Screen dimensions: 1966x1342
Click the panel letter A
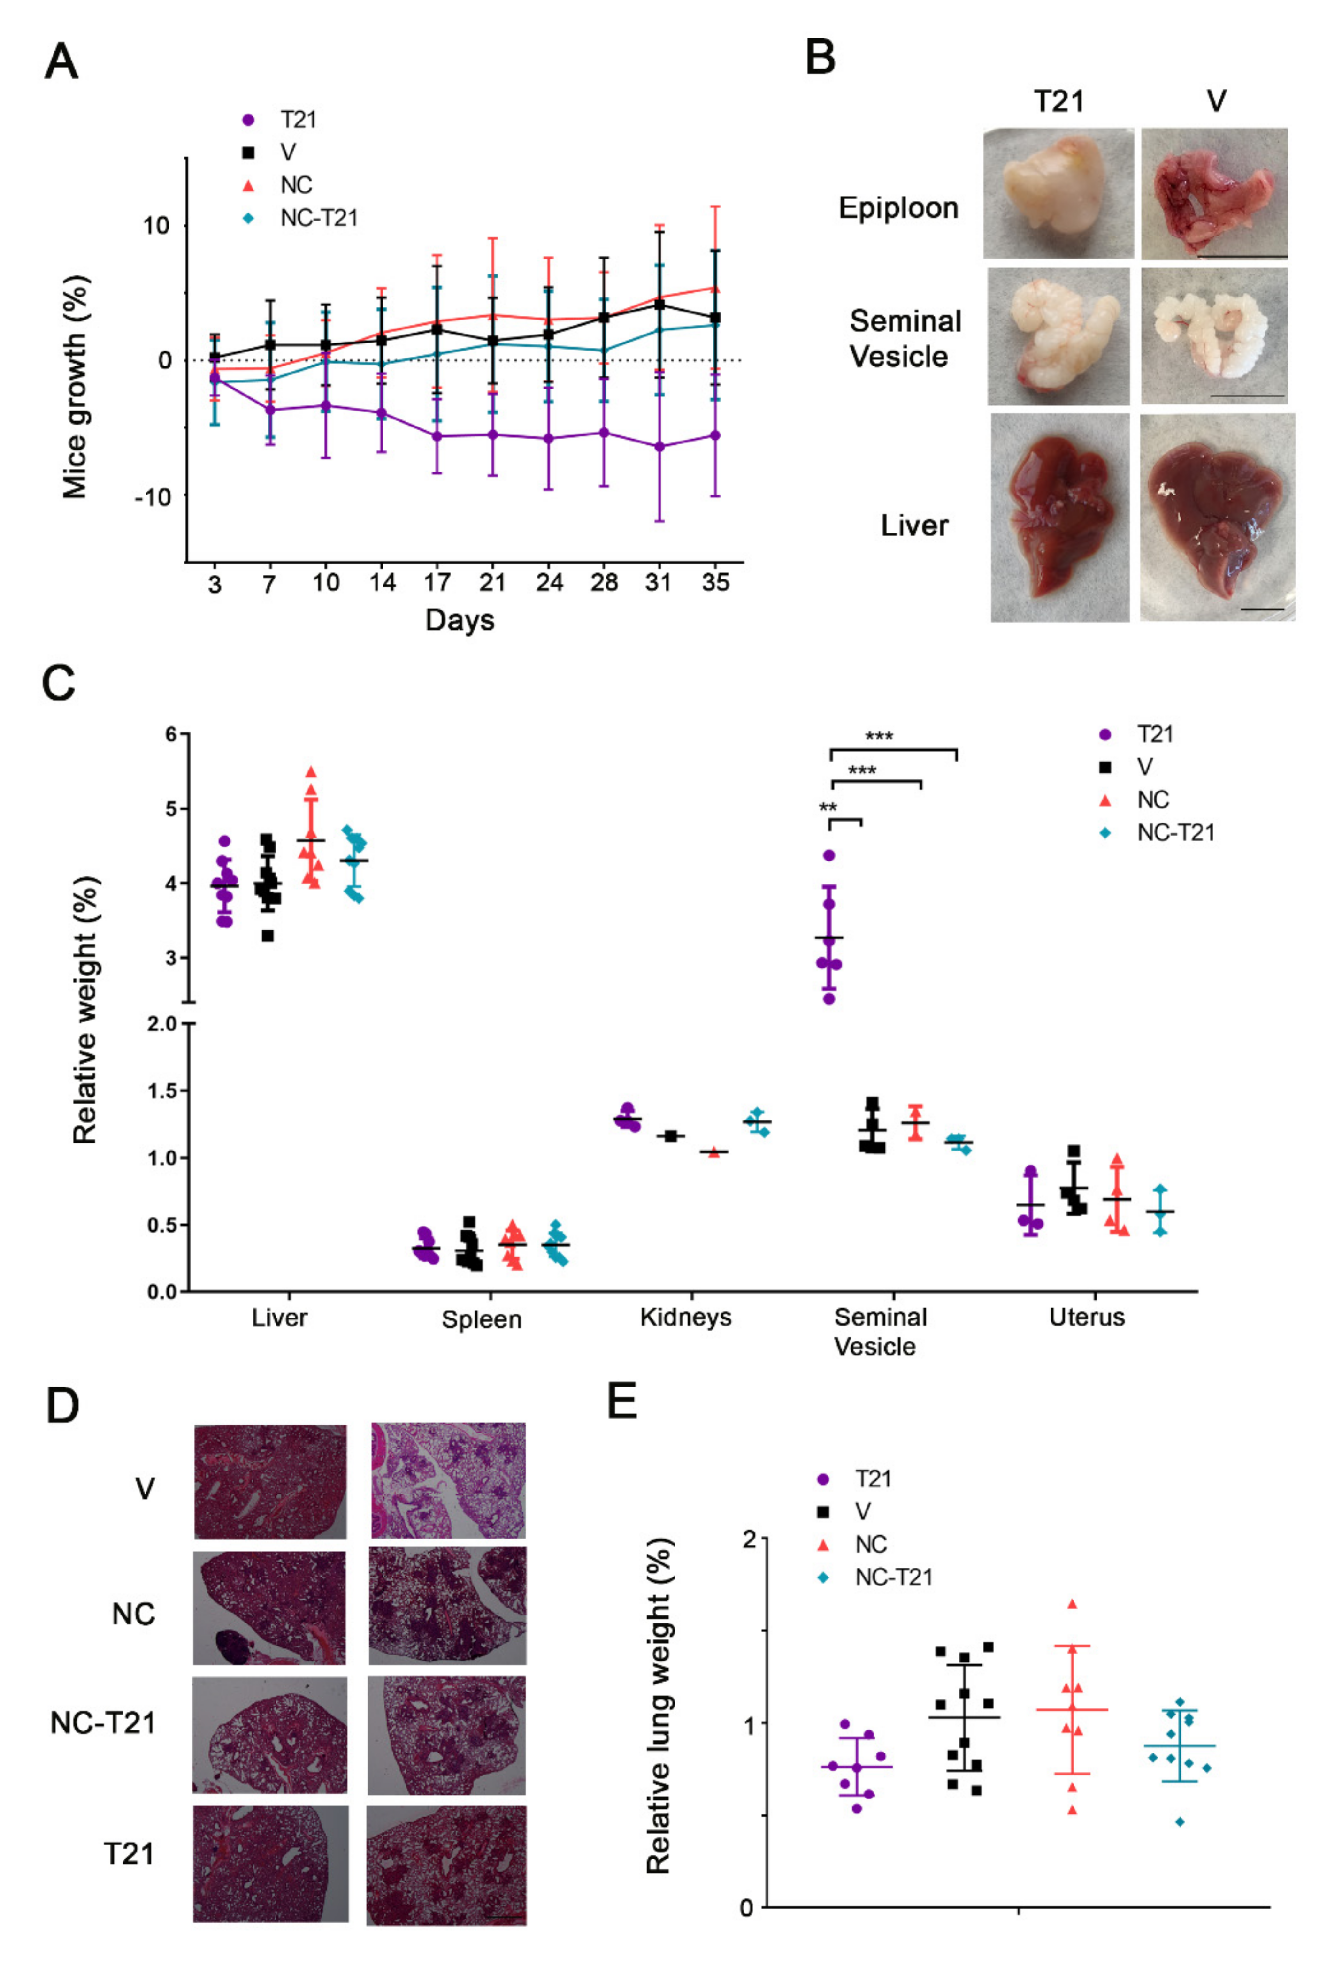(61, 62)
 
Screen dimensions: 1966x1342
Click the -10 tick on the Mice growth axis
(152, 496)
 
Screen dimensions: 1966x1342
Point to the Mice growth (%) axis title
(75, 387)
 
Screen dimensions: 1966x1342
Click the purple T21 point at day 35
(715, 436)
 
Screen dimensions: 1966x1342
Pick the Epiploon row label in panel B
(898, 208)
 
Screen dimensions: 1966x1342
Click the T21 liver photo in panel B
(1059, 517)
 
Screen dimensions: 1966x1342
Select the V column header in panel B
(1216, 101)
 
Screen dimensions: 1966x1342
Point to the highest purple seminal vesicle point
(829, 855)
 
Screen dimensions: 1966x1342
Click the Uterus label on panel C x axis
(1087, 1317)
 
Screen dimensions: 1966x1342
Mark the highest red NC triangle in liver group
(311, 771)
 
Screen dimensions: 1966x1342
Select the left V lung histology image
(270, 1481)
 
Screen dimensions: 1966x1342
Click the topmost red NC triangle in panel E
(1072, 1604)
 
